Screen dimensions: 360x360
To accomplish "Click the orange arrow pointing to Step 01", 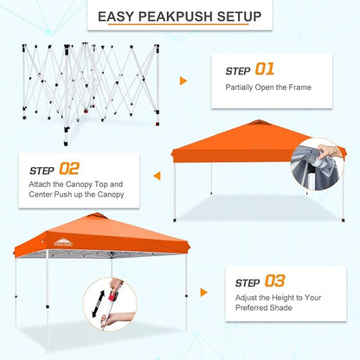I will (183, 80).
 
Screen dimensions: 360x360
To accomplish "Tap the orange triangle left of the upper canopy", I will (157, 176).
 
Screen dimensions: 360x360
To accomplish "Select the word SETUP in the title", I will (235, 16).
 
